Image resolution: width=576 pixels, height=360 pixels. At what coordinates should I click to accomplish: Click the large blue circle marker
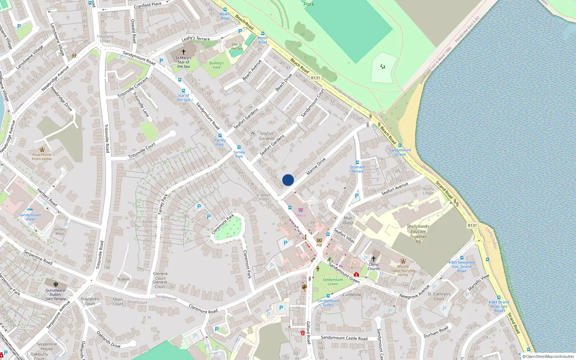[288, 180]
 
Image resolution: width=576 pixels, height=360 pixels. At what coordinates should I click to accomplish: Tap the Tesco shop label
[301, 216]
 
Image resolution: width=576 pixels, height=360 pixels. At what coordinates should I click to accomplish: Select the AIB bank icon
[319, 240]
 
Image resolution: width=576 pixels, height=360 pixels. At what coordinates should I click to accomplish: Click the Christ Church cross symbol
[373, 259]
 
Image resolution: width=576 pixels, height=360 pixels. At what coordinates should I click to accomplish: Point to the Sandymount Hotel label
[30, 217]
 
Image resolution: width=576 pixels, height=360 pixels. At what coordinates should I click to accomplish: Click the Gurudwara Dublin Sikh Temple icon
[56, 284]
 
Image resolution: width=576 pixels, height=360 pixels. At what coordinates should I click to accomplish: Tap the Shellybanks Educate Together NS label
[418, 234]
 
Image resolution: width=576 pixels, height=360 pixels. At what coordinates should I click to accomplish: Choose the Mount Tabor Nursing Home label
[403, 271]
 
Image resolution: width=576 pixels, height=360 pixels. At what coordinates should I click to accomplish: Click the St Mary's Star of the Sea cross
[183, 52]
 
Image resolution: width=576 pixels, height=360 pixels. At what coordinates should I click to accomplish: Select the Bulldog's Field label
[216, 65]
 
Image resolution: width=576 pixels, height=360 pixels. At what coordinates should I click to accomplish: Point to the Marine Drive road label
[316, 166]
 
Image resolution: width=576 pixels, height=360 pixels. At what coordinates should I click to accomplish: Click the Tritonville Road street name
[107, 139]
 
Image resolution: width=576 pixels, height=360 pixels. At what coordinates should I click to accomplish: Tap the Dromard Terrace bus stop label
[357, 169]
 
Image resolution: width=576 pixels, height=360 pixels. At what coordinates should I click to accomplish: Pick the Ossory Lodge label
[428, 191]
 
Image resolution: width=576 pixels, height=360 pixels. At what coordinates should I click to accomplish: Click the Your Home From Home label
[42, 157]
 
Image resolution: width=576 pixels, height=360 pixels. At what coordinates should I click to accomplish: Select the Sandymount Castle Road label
[344, 338]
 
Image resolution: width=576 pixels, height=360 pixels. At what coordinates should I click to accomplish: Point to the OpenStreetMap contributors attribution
[550, 357]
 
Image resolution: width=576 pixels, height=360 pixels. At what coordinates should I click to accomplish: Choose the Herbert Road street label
[48, 197]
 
